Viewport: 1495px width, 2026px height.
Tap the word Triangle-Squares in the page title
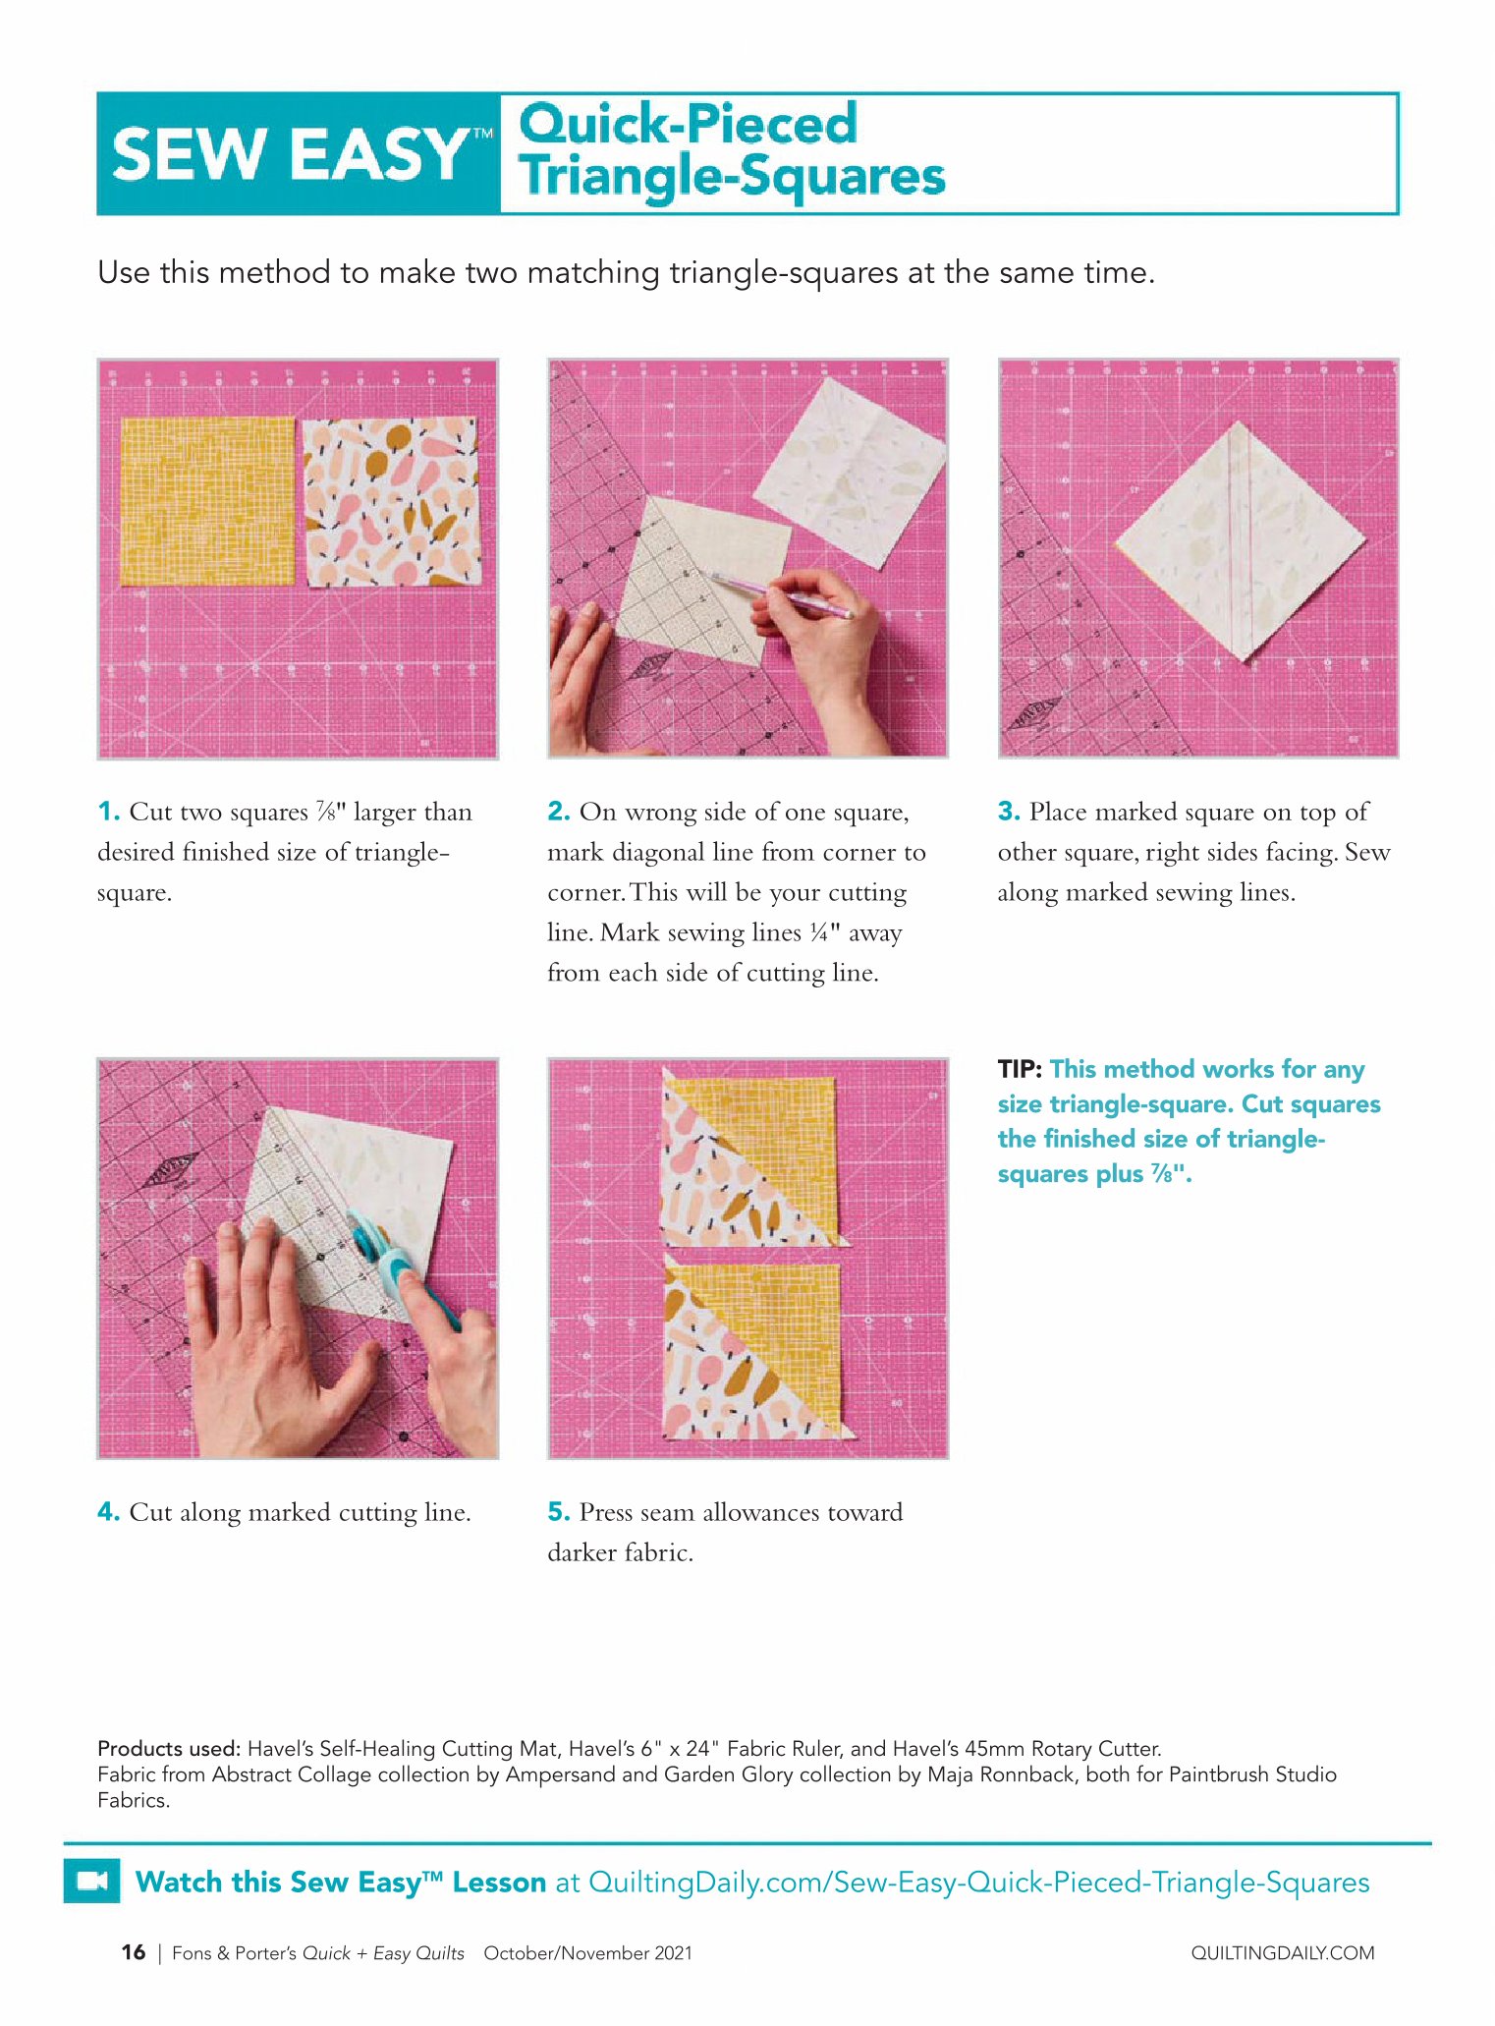tap(733, 176)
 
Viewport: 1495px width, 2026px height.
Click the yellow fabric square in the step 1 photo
tap(207, 500)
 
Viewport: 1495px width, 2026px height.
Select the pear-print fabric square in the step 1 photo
tap(391, 501)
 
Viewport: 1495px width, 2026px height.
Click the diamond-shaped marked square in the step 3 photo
tap(1240, 541)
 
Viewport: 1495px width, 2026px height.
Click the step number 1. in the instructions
tap(109, 812)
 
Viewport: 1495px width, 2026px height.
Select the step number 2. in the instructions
tap(559, 812)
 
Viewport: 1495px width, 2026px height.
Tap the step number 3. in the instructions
tap(1010, 812)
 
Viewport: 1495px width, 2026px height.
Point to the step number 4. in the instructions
tap(109, 1512)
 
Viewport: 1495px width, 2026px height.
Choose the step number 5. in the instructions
tap(559, 1512)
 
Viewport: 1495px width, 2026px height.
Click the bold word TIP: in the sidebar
tap(1020, 1069)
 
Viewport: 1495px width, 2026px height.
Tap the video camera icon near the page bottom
tap(92, 1881)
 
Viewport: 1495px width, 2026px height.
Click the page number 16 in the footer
tap(134, 1952)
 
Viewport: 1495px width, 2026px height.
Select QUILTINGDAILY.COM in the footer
tap(1283, 1953)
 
